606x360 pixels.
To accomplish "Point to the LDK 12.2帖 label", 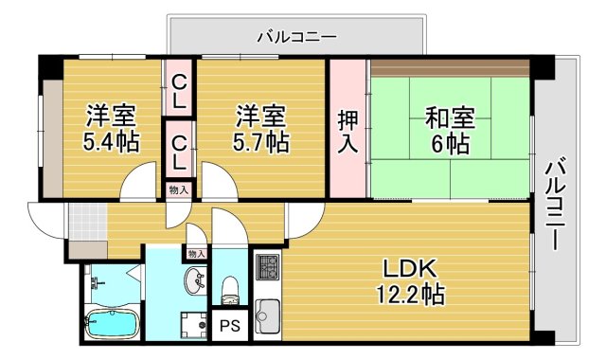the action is (x=409, y=280).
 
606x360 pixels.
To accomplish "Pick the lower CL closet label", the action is (x=179, y=150).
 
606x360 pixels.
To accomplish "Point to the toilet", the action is (x=228, y=286).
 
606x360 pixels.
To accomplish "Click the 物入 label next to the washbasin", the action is (x=196, y=254).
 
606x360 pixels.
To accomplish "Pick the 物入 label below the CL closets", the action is (x=178, y=189).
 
